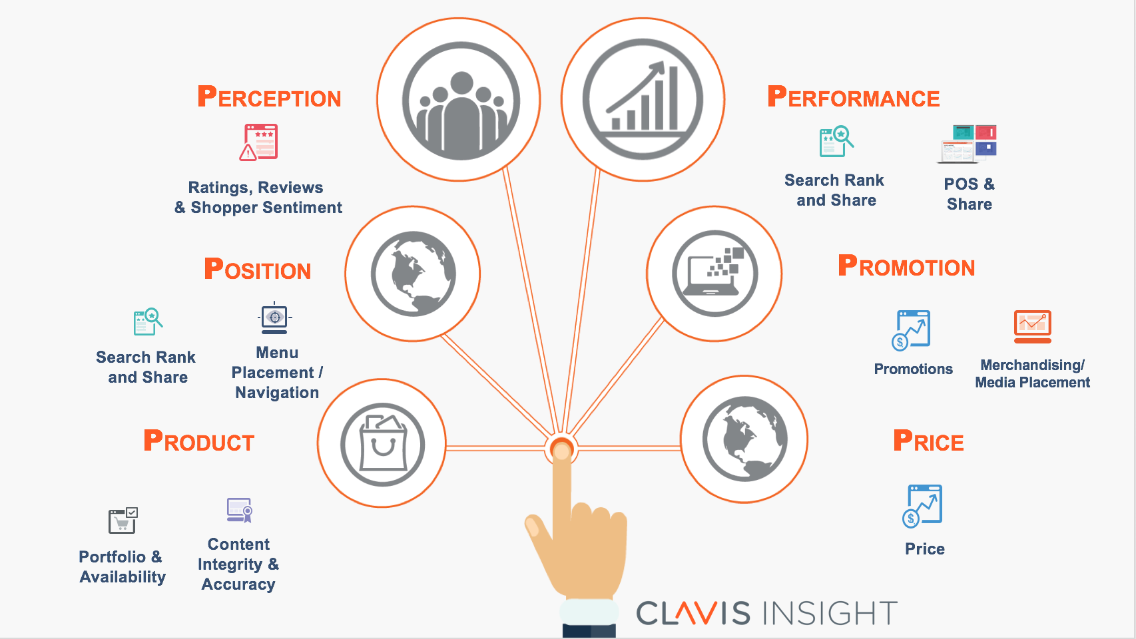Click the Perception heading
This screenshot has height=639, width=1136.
(269, 97)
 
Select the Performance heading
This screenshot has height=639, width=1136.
(853, 97)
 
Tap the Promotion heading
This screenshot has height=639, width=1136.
(906, 266)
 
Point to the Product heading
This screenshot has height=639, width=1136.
(199, 441)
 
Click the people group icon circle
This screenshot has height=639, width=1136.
(459, 100)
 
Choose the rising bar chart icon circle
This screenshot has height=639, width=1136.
(643, 100)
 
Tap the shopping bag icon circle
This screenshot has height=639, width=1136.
(382, 443)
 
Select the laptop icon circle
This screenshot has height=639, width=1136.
(714, 274)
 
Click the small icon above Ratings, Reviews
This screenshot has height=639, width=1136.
(259, 142)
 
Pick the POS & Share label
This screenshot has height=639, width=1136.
(970, 194)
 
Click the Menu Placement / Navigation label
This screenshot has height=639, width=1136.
(277, 372)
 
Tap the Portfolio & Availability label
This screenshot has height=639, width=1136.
(122, 566)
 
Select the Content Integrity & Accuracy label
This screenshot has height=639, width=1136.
(238, 564)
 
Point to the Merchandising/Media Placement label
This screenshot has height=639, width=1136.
(1032, 373)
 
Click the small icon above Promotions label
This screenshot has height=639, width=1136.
(911, 329)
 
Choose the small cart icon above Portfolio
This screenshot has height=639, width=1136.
(123, 521)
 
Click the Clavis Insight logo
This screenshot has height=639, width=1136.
(766, 613)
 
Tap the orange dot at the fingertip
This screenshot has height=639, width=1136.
(561, 450)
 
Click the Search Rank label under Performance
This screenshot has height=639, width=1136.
(835, 190)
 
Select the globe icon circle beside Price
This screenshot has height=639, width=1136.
(744, 439)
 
